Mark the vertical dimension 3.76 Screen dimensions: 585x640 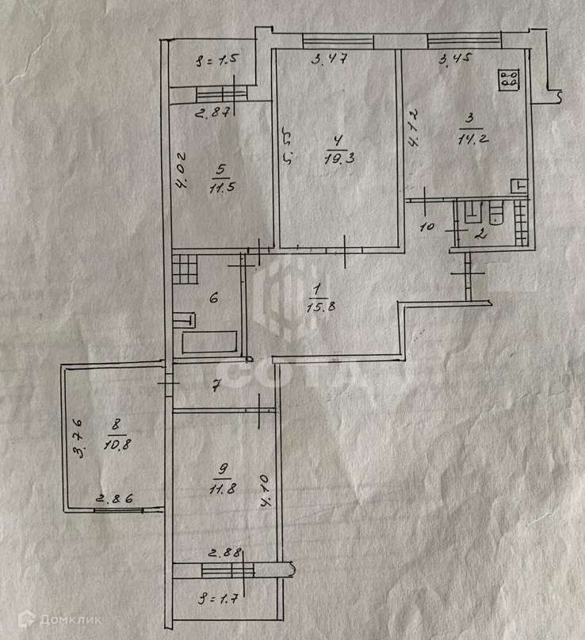[x=79, y=439]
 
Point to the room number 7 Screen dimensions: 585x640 [x=214, y=387]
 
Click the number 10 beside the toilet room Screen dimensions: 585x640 [x=425, y=227]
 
